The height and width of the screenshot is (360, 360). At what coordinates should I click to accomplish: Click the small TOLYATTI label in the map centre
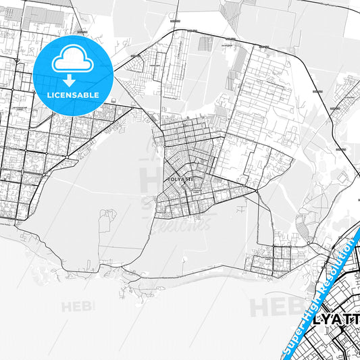(x=179, y=179)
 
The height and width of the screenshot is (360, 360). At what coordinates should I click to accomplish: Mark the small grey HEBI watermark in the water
(x=78, y=307)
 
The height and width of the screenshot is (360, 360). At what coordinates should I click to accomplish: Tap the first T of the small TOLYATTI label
(x=168, y=179)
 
